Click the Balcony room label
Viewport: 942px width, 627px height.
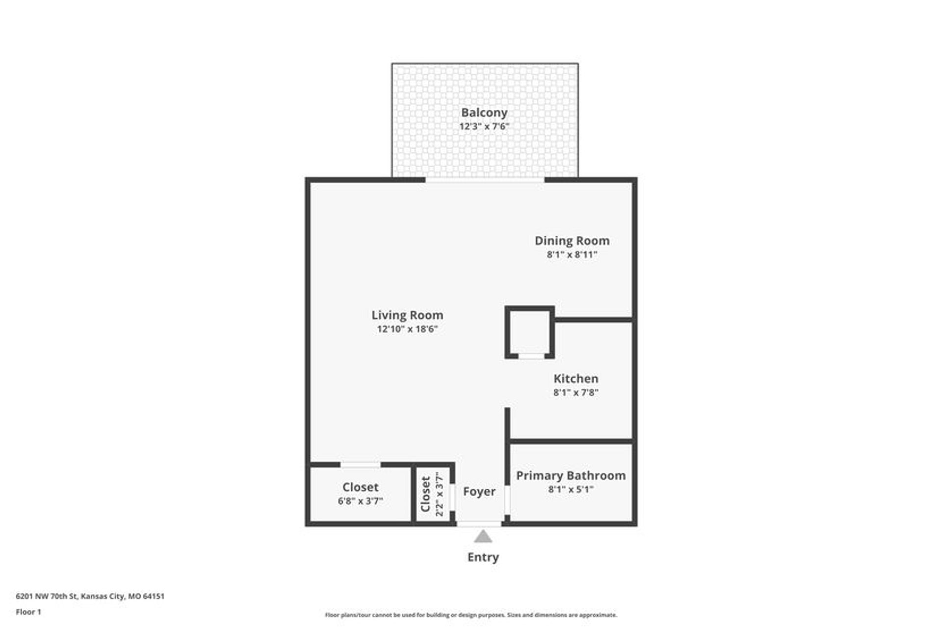tap(484, 113)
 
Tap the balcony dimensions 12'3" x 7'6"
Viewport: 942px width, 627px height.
tap(484, 126)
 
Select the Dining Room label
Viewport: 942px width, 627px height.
tap(572, 241)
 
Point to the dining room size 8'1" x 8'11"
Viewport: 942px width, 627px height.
tap(572, 254)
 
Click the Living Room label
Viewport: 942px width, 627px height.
tap(407, 315)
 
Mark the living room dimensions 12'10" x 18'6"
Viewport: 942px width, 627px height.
tap(407, 329)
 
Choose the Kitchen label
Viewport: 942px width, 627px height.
tap(576, 378)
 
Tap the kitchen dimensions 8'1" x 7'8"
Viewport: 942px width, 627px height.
tap(576, 392)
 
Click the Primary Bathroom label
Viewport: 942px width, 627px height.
tap(571, 476)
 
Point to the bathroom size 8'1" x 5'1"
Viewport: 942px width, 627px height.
tap(571, 489)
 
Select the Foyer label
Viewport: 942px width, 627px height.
tap(479, 491)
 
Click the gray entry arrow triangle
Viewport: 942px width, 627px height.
tap(483, 537)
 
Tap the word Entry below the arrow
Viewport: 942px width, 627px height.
tap(483, 557)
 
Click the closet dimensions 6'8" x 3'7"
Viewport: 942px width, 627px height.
tap(360, 501)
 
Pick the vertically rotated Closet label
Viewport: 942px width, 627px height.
tap(425, 494)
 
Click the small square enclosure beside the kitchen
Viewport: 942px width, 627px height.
tap(529, 332)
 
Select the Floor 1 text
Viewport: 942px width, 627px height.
tap(28, 612)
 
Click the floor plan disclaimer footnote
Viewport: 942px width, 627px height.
tap(471, 615)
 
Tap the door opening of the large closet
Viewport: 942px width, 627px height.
tap(360, 464)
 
